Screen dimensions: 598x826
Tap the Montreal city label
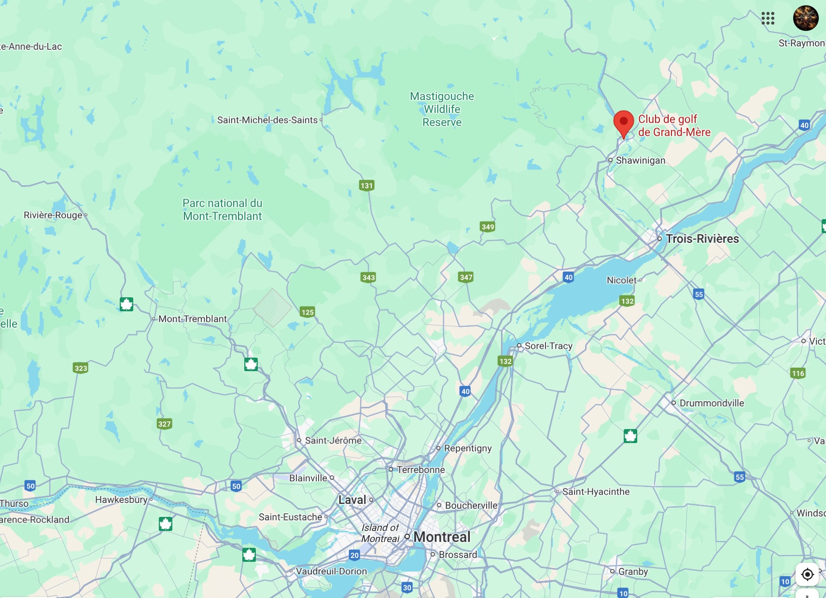click(x=441, y=537)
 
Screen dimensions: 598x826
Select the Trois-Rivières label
click(x=702, y=238)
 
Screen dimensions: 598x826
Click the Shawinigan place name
click(x=640, y=160)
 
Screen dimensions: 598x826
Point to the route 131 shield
click(x=366, y=185)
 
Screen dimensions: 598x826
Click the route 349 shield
click(x=488, y=227)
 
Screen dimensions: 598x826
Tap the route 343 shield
click(x=368, y=277)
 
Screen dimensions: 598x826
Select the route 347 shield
click(x=466, y=277)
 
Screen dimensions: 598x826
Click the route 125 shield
click(x=308, y=312)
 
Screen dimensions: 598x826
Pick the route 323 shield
click(x=81, y=368)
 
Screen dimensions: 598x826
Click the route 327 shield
click(x=164, y=424)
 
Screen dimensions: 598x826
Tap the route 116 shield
click(x=798, y=373)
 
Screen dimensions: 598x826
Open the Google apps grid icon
click(x=768, y=18)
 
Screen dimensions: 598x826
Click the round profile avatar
click(x=806, y=18)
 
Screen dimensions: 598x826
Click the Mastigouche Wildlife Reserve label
click(x=442, y=109)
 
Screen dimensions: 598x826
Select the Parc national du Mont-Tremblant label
click(x=223, y=209)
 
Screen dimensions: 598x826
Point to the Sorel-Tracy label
click(x=548, y=346)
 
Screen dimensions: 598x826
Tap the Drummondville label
click(x=711, y=403)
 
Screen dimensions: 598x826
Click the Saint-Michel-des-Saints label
click(x=267, y=120)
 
